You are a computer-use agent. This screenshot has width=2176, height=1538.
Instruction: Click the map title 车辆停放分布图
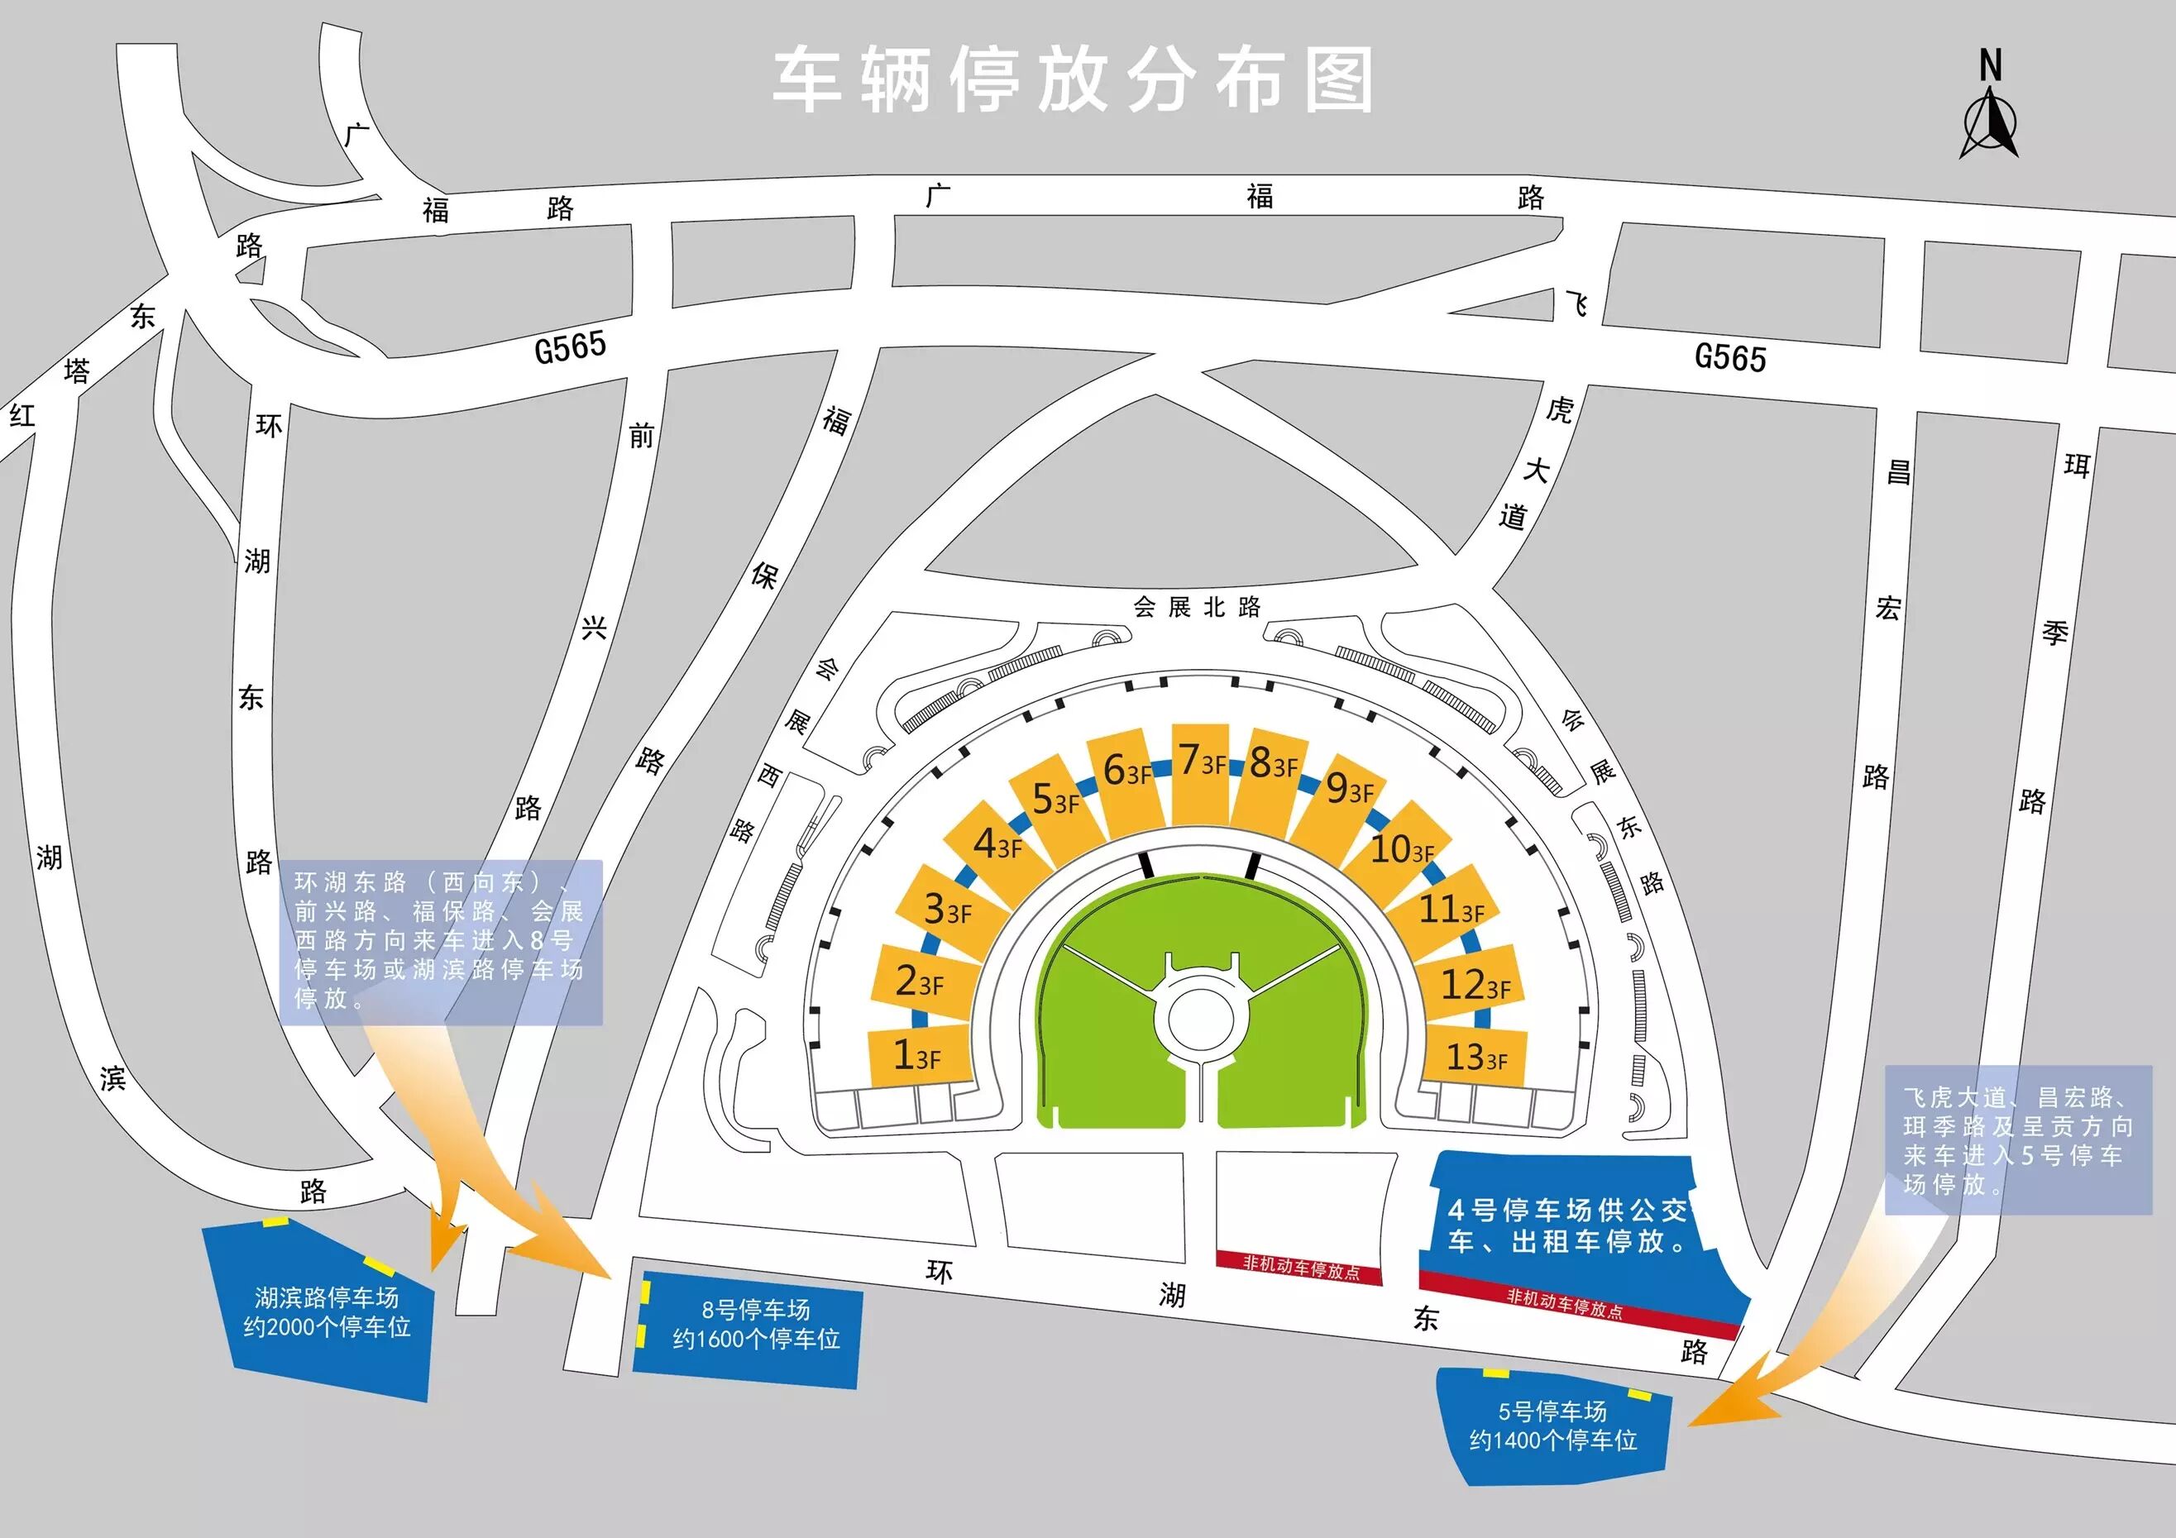1073,80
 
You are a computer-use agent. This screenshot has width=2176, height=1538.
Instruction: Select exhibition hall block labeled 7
1201,772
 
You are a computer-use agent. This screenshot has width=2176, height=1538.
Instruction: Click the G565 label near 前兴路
571,348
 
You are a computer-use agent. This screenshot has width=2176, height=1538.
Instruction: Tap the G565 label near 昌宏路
1729,357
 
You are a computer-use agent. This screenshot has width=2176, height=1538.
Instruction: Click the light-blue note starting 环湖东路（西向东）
441,941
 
